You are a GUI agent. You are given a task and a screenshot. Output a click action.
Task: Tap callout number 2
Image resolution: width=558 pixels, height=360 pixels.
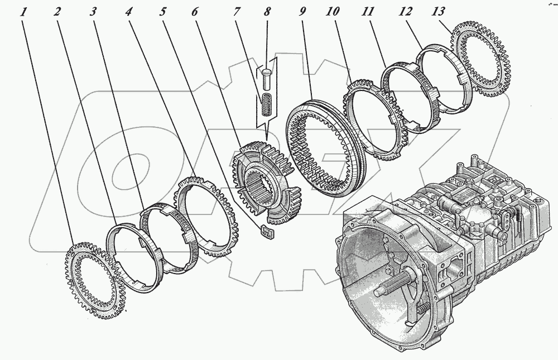coord(57,12)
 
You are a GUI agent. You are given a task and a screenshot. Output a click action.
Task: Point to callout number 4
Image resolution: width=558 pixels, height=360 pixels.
coord(129,12)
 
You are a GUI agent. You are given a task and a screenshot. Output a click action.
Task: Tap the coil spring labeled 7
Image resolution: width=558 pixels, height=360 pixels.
coord(266,104)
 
